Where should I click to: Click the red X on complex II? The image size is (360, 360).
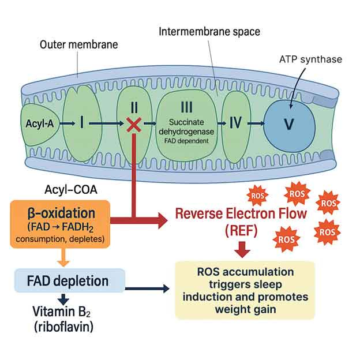point(134,123)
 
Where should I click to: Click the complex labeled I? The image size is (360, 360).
point(83,122)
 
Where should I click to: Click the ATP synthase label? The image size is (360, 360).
point(310,58)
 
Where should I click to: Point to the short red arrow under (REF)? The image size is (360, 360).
point(241,250)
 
